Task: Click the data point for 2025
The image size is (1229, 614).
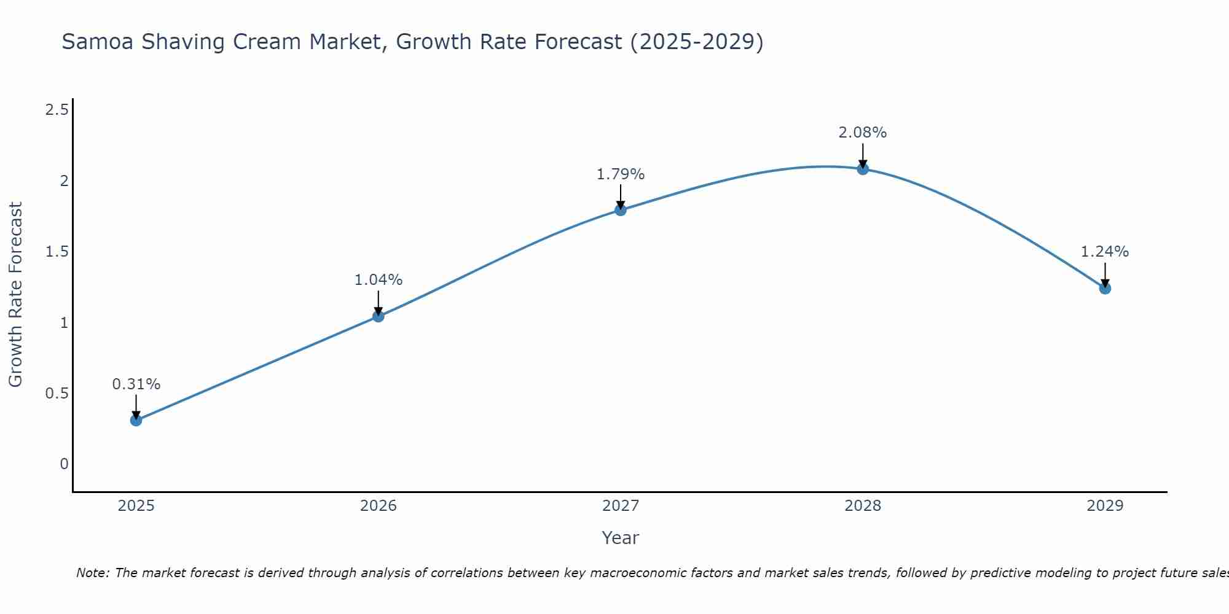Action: pyautogui.click(x=136, y=420)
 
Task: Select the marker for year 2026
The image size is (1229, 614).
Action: pyautogui.click(x=379, y=316)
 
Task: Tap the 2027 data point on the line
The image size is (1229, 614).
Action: pyautogui.click(x=621, y=210)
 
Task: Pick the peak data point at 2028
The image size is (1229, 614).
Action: pyautogui.click(x=863, y=169)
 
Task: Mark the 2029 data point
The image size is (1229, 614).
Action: pyautogui.click(x=1105, y=288)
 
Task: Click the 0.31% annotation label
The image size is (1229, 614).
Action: pyautogui.click(x=136, y=384)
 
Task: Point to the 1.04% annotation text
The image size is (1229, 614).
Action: pyautogui.click(x=379, y=280)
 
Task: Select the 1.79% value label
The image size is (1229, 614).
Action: pyautogui.click(x=621, y=174)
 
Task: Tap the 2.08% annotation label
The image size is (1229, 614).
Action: pyautogui.click(x=863, y=133)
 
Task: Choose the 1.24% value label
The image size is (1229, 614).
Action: pyautogui.click(x=1105, y=252)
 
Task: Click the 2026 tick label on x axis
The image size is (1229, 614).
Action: pyautogui.click(x=379, y=506)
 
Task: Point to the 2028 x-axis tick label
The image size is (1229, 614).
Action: pyautogui.click(x=863, y=506)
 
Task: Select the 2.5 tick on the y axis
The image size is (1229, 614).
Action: pyautogui.click(x=57, y=110)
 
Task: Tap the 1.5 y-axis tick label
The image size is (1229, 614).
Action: pyautogui.click(x=57, y=252)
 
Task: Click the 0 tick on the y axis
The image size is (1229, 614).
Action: pyautogui.click(x=64, y=464)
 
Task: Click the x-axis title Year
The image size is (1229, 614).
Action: pyautogui.click(x=621, y=538)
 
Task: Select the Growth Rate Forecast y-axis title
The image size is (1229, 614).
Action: pyautogui.click(x=16, y=294)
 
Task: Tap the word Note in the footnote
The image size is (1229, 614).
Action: pyautogui.click(x=92, y=573)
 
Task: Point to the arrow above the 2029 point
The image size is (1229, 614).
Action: pyautogui.click(x=1105, y=274)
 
